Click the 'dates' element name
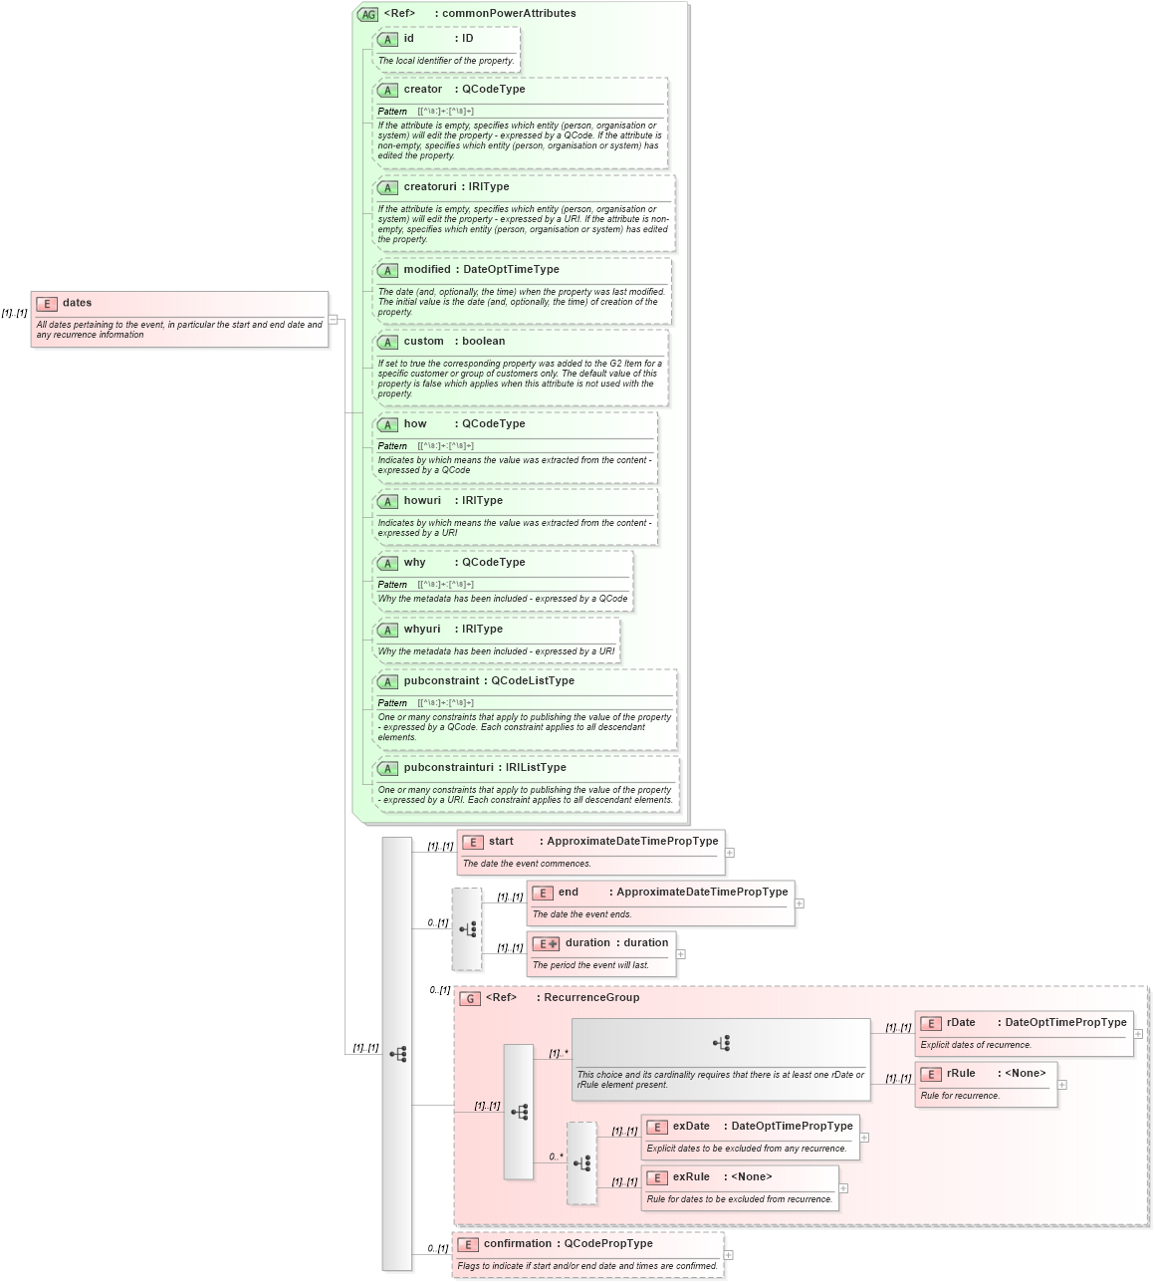pos(77,303)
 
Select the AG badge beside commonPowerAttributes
pos(368,14)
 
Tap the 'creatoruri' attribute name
pos(430,187)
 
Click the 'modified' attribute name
pos(427,270)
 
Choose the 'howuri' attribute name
pos(422,501)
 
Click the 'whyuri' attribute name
pos(422,630)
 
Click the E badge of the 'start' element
pos(473,842)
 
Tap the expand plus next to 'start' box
pos(730,853)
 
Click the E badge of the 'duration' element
pos(545,943)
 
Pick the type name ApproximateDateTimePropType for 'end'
pos(702,893)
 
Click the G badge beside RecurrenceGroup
pos(470,998)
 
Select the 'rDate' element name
pos(961,1023)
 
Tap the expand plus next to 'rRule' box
pos(1061,1085)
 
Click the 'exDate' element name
pos(691,1127)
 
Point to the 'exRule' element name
pos(691,1177)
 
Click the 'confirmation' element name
pos(517,1244)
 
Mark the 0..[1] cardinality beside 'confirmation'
pos(438,1248)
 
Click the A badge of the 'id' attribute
pos(387,39)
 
